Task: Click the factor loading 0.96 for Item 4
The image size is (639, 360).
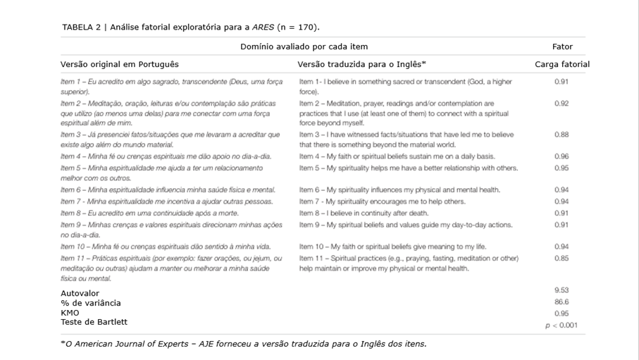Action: click(562, 156)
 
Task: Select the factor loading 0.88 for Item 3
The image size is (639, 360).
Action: click(562, 135)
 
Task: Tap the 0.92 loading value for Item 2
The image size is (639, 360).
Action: click(562, 104)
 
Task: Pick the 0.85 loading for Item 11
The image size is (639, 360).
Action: click(562, 259)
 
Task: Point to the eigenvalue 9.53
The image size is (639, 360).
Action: click(562, 290)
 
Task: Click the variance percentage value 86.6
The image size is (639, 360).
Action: click(562, 302)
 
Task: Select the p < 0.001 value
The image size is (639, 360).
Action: click(561, 325)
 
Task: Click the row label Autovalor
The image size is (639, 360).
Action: click(80, 293)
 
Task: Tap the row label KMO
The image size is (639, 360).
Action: click(70, 313)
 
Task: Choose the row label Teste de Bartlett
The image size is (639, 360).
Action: click(94, 322)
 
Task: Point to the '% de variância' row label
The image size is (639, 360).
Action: click(90, 303)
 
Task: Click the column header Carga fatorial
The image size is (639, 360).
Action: click(562, 65)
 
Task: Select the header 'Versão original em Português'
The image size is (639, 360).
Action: click(119, 65)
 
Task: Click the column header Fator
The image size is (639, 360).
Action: click(562, 46)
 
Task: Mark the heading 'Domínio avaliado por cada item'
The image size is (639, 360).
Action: click(304, 46)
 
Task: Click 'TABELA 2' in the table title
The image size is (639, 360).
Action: click(80, 27)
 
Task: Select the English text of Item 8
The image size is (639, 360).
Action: click(364, 213)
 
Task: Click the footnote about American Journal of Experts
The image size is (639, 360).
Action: click(243, 344)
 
